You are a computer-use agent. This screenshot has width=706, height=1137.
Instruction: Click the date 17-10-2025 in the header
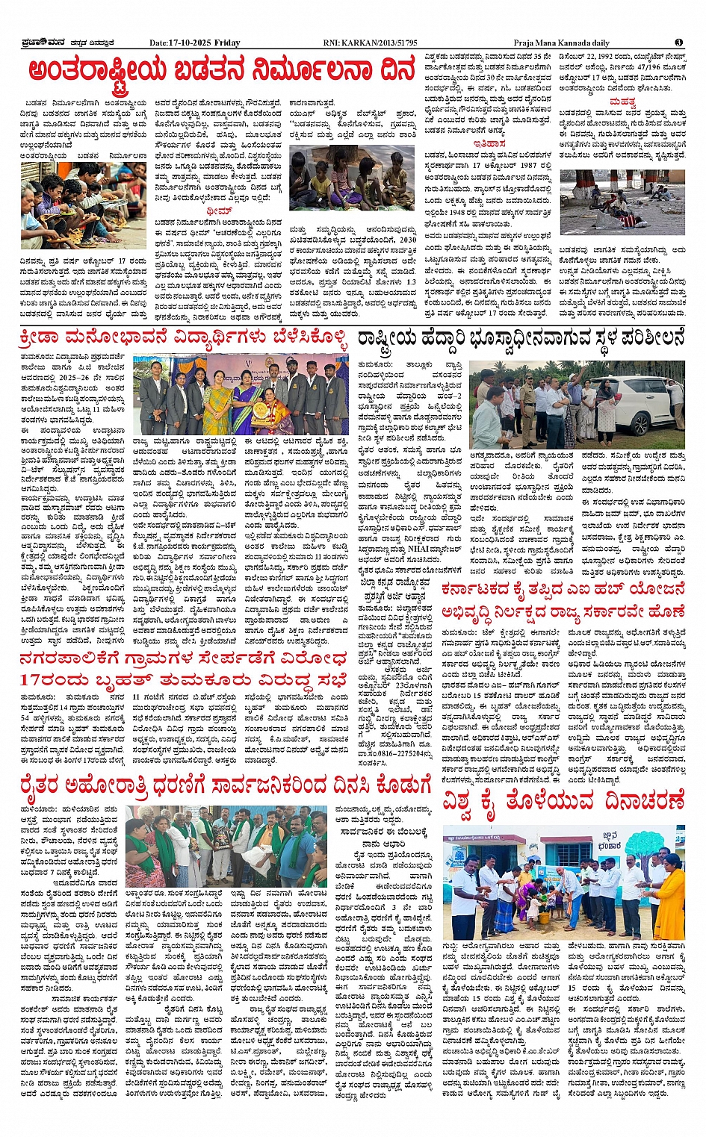coord(191,43)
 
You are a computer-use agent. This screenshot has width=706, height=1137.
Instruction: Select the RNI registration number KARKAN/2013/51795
coord(381,43)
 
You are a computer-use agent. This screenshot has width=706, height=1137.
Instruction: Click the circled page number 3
coord(678,43)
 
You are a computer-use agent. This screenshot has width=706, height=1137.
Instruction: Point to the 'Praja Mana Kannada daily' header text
coord(561,43)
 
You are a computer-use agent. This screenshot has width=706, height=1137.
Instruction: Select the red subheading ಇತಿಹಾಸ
coord(489,143)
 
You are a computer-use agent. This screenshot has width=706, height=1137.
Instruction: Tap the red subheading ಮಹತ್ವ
coord(622,102)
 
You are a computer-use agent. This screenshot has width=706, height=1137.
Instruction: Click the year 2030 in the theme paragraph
coord(408,240)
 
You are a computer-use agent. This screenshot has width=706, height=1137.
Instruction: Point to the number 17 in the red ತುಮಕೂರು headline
coord(36,680)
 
